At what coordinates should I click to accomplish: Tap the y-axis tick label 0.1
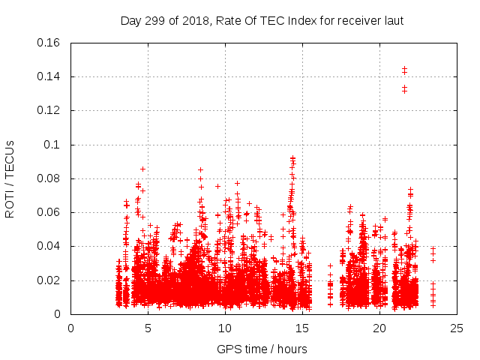(x=55, y=145)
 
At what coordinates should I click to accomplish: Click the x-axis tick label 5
(x=148, y=328)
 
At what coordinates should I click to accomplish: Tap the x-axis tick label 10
(x=225, y=328)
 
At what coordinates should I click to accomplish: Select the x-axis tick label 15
(x=302, y=328)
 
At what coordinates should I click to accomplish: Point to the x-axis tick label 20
(x=379, y=328)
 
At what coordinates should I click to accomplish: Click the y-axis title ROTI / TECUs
(x=10, y=178)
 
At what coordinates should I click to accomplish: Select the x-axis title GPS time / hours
(x=262, y=349)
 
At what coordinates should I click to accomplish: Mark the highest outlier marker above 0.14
(x=404, y=69)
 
